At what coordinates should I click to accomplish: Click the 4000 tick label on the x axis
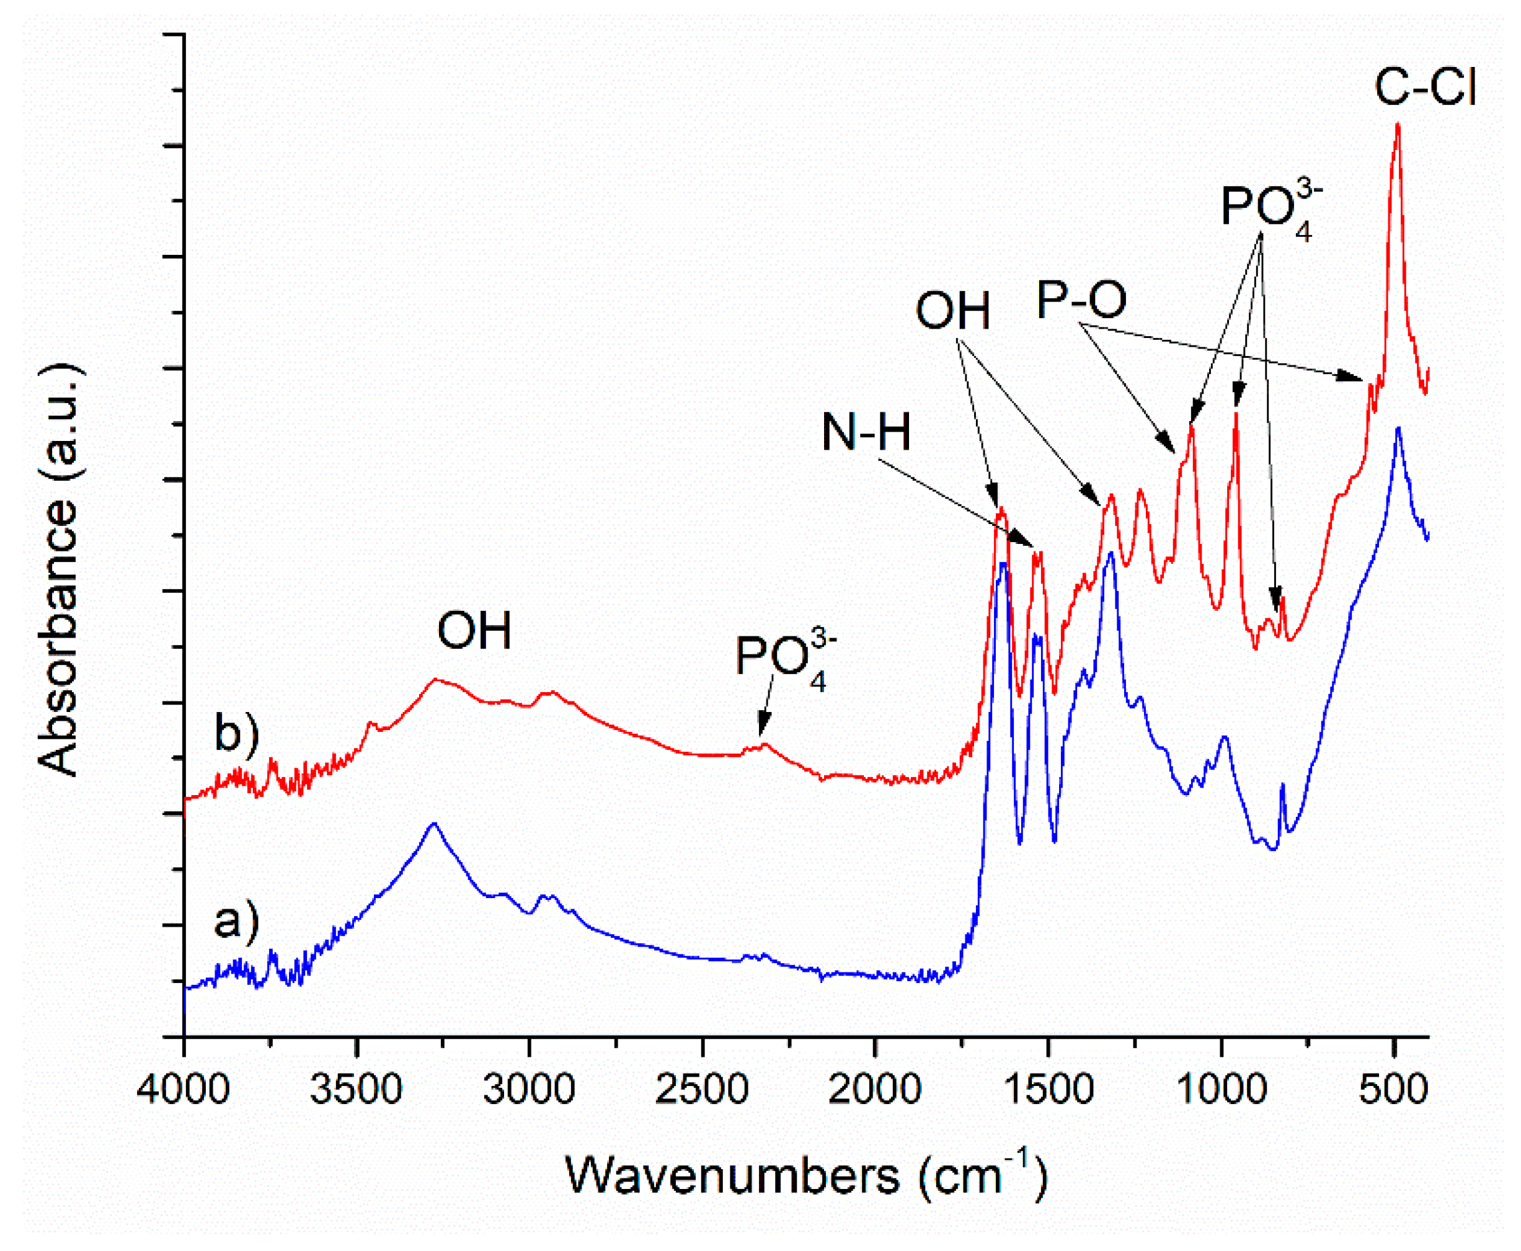183,1090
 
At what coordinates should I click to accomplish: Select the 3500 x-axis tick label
356,1090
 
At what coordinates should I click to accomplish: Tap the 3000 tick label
529,1090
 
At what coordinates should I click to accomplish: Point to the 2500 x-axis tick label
702,1090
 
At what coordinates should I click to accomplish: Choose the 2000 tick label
875,1090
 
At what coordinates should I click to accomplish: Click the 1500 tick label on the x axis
1048,1090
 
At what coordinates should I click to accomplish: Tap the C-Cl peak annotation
1425,88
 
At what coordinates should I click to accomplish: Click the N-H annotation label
866,432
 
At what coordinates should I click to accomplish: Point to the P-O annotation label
1081,300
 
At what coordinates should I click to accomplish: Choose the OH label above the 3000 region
474,631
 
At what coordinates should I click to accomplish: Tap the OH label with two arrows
952,311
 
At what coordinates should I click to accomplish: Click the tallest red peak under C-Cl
1398,126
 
